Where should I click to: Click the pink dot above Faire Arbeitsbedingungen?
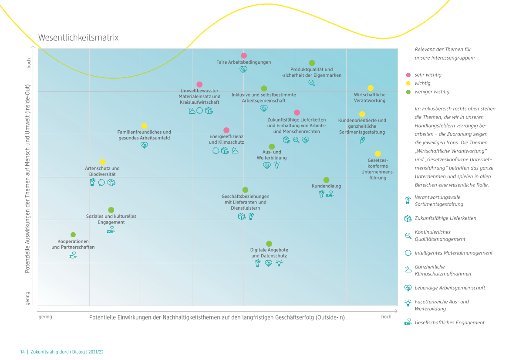tap(244, 55)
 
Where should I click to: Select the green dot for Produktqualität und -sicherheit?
tap(312, 63)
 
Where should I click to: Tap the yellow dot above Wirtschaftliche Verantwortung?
tap(371, 88)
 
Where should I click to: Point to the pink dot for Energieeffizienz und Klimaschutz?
tap(226, 130)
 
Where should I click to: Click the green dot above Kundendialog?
tap(326, 180)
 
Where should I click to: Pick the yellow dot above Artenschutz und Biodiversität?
tap(102, 162)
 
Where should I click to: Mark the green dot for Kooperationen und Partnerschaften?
tap(73, 234)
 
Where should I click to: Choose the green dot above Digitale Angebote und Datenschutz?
tap(269, 244)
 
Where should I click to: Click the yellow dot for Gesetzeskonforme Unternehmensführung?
tap(378, 154)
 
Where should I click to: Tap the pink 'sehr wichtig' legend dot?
tap(408, 75)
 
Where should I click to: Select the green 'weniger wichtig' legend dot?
tap(408, 92)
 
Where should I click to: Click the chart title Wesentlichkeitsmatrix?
tap(78, 37)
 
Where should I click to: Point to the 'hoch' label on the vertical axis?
tap(29, 63)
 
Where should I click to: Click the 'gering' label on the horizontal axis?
tap(45, 317)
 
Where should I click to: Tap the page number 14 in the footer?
tap(22, 352)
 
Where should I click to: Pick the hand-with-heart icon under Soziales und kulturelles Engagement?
tap(111, 230)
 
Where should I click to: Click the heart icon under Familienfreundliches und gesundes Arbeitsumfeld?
tap(144, 145)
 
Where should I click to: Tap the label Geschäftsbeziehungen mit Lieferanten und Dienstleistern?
tap(246, 202)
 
